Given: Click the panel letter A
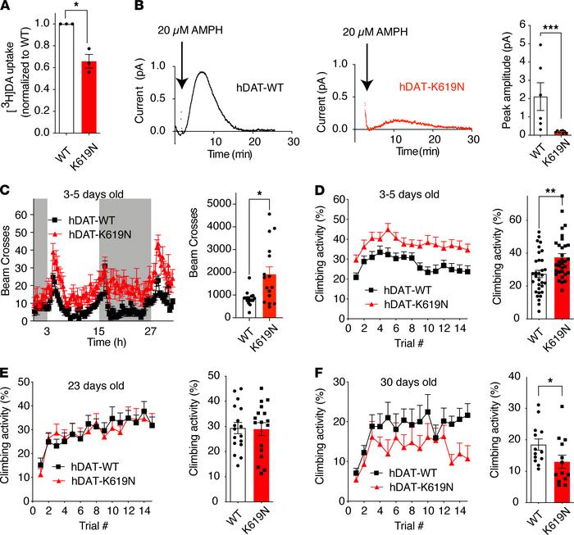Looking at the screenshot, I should click(7, 7).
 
